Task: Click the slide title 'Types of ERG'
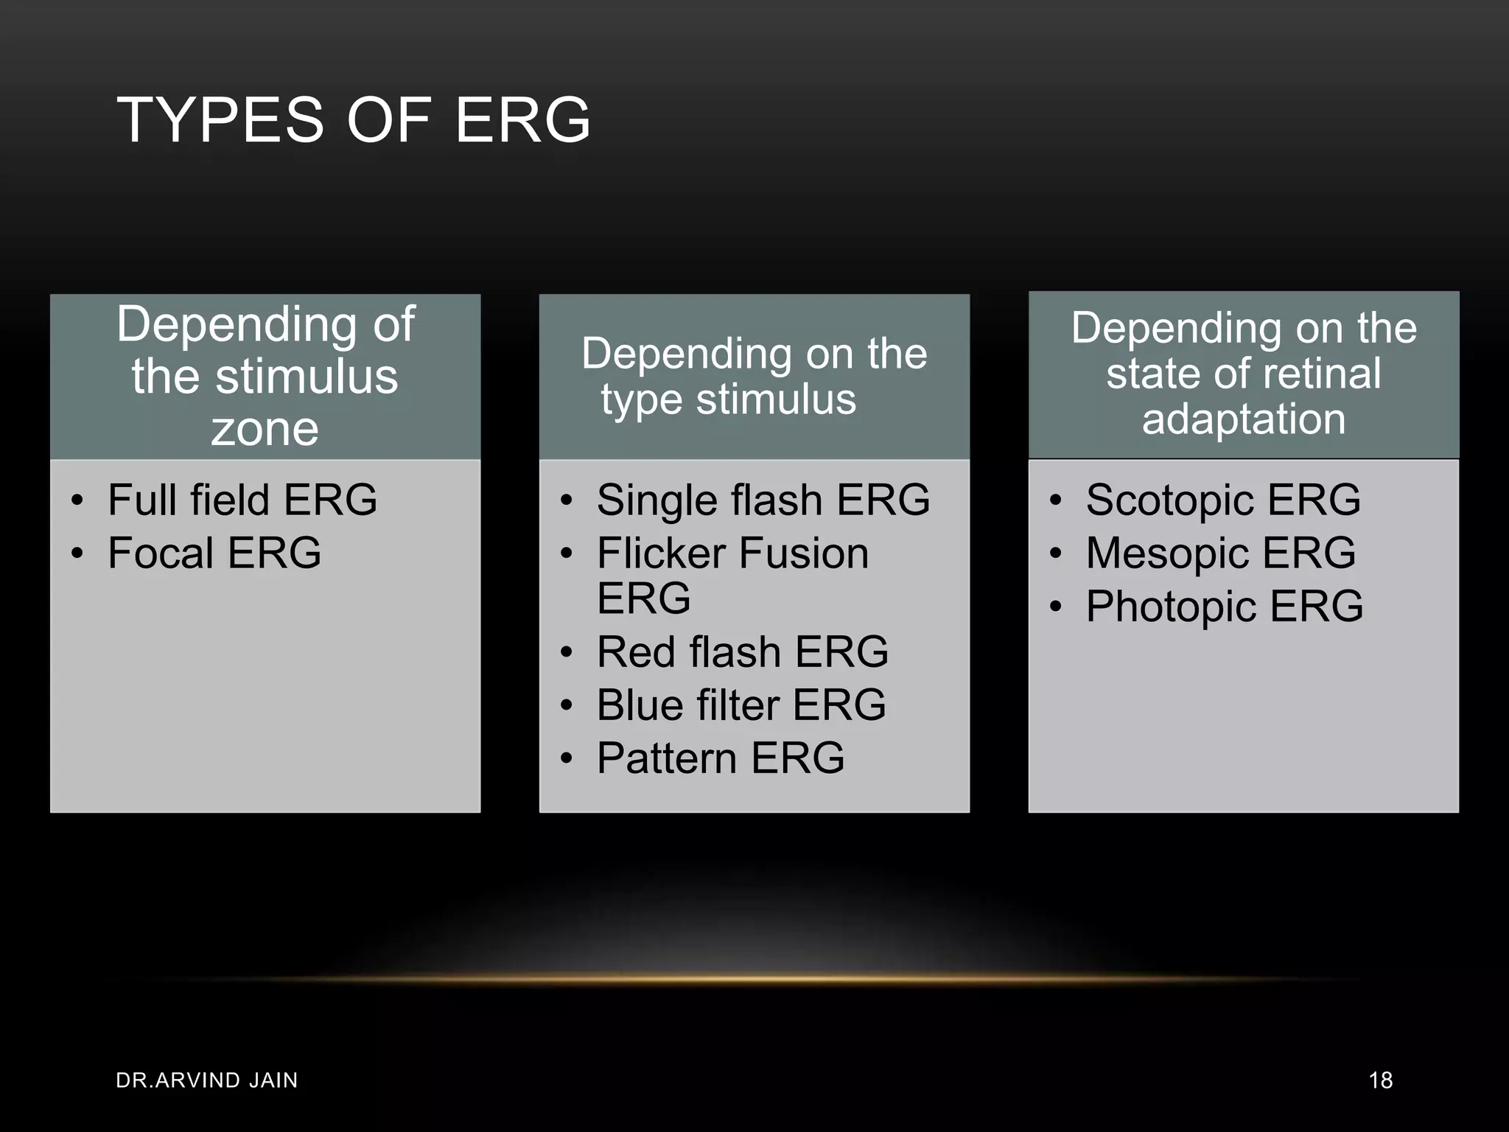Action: click(354, 119)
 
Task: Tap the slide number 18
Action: click(1380, 1080)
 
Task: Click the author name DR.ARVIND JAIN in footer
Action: click(207, 1080)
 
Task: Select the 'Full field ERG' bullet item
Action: click(242, 500)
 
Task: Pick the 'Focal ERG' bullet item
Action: click(214, 553)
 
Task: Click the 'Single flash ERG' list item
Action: click(763, 500)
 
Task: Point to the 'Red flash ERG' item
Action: click(742, 652)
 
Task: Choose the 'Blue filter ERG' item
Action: click(741, 705)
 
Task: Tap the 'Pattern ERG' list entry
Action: click(720, 758)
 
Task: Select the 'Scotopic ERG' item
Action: click(1222, 500)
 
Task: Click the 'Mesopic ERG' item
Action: click(1220, 553)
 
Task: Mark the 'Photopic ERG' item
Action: click(1224, 607)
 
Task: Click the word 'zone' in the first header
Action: click(265, 429)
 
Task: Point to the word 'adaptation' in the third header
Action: click(1244, 419)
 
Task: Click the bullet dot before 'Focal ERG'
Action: click(77, 553)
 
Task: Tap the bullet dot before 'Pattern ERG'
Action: click(566, 759)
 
